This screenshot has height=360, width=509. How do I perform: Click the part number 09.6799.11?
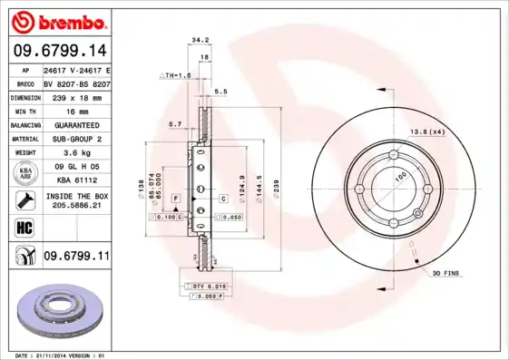click(x=75, y=257)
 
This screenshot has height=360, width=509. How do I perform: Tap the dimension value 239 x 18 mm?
click(x=75, y=95)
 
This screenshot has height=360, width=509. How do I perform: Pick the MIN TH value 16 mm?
click(x=75, y=109)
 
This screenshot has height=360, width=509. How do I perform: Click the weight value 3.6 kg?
click(x=75, y=153)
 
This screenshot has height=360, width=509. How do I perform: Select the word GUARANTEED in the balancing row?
click(x=75, y=123)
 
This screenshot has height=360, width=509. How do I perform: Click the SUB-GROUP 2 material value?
click(x=75, y=139)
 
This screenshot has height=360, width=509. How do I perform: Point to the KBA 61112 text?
click(x=75, y=180)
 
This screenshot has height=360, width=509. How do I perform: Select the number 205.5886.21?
click(x=75, y=207)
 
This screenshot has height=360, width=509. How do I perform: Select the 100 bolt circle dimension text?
click(x=396, y=180)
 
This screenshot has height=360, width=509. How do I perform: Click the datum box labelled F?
click(x=175, y=198)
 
